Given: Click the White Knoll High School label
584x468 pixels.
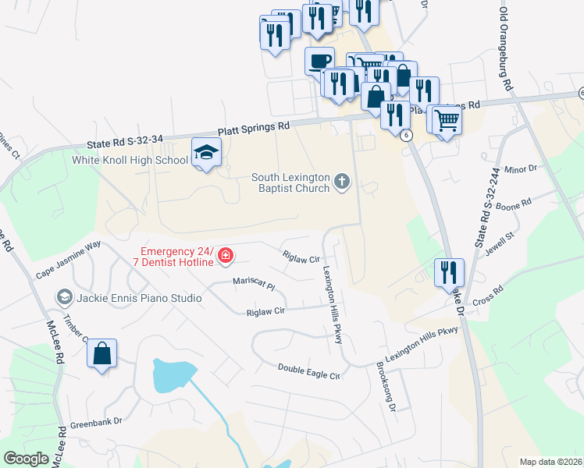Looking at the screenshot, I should (130, 161).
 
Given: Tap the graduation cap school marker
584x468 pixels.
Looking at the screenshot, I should (207, 152).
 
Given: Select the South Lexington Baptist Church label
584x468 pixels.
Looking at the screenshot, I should (291, 183).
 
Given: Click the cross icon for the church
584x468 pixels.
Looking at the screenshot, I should (341, 183).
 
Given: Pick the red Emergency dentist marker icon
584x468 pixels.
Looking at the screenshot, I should (225, 255).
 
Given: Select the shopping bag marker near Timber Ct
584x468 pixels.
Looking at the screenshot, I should (102, 354).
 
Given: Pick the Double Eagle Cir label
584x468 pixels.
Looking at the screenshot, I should (309, 370).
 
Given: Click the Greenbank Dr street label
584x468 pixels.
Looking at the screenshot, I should (97, 422).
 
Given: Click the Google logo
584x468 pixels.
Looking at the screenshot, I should (26, 458).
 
